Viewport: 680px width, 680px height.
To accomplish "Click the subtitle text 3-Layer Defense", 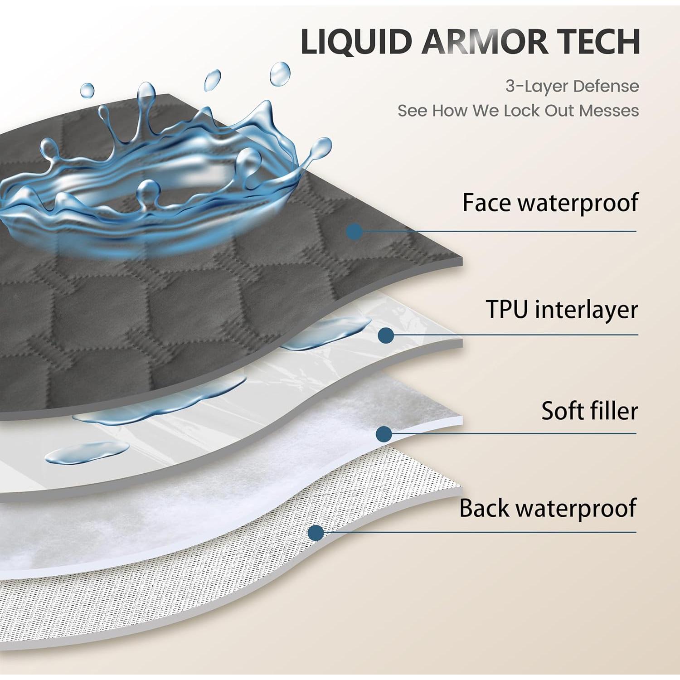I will [x=572, y=86].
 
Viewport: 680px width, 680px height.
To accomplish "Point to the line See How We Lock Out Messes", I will [x=518, y=111].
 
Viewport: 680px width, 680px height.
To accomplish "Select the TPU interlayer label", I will [x=562, y=310].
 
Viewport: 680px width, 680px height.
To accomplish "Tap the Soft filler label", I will [x=589, y=411].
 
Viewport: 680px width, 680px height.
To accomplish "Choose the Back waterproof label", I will [x=548, y=508].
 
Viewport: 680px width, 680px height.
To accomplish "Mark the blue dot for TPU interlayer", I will [x=386, y=335].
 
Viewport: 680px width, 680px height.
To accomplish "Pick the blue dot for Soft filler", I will [x=384, y=434].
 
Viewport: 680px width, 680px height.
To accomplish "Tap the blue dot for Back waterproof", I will [x=316, y=533].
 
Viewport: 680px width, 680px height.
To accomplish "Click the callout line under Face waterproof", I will [x=499, y=231].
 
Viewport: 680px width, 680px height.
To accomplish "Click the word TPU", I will [x=507, y=310].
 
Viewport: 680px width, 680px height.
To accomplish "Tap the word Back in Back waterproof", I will [x=484, y=508].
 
